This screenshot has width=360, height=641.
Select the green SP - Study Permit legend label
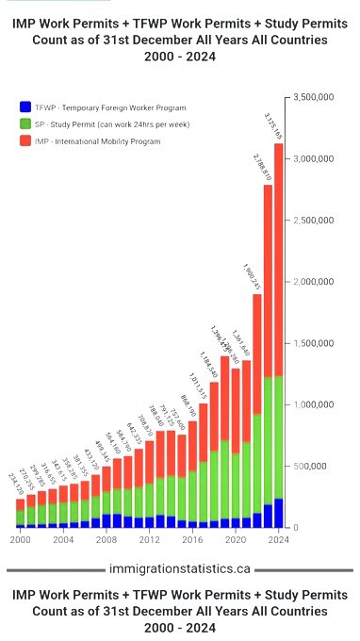pos(114,124)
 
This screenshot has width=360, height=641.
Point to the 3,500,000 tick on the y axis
pos(319,97)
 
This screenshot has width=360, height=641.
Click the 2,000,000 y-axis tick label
pos(319,282)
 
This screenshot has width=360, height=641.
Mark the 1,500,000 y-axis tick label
pos(319,343)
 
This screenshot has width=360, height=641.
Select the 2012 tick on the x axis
pos(148,540)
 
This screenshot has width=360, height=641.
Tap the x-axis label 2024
pos(277,540)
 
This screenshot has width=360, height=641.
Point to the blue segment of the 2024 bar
pos(278,513)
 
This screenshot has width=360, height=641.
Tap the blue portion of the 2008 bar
pos(106,520)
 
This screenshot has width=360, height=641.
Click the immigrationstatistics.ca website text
pos(179,569)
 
